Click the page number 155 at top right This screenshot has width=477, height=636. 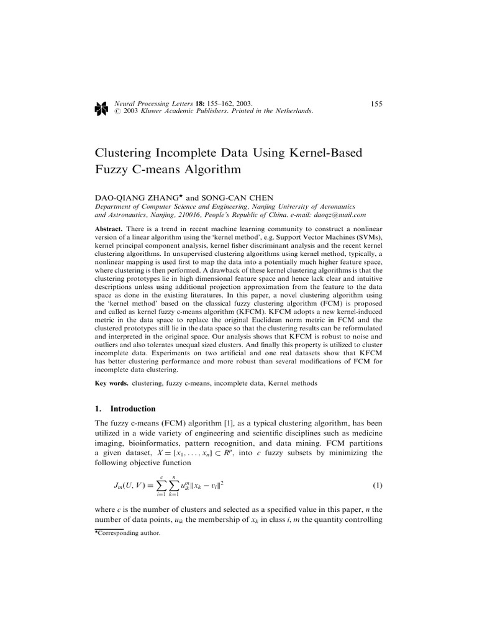point(376,103)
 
